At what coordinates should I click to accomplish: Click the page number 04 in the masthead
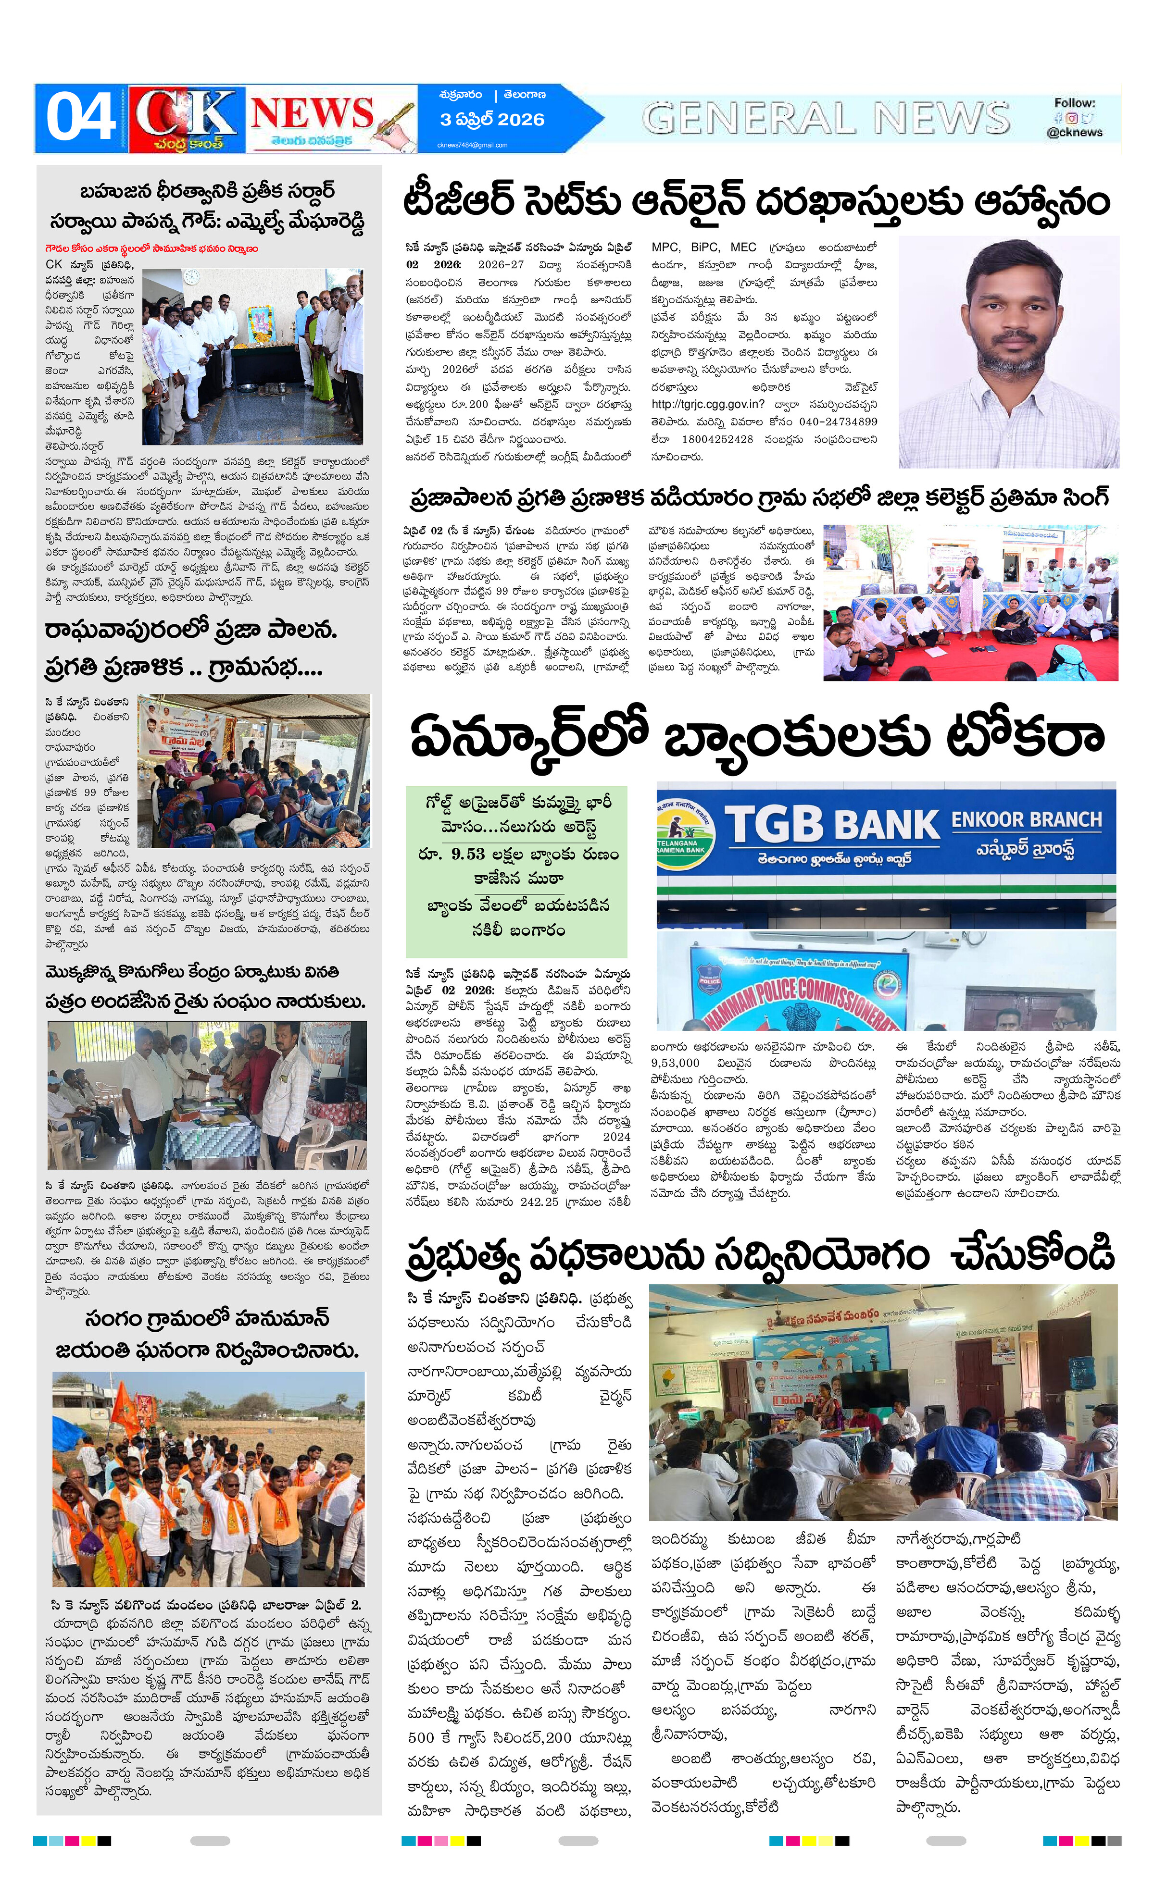click(x=80, y=118)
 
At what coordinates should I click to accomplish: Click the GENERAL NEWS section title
click(x=826, y=118)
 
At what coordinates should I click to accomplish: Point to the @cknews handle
click(x=1074, y=132)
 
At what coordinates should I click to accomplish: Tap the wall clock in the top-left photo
click(x=191, y=277)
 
